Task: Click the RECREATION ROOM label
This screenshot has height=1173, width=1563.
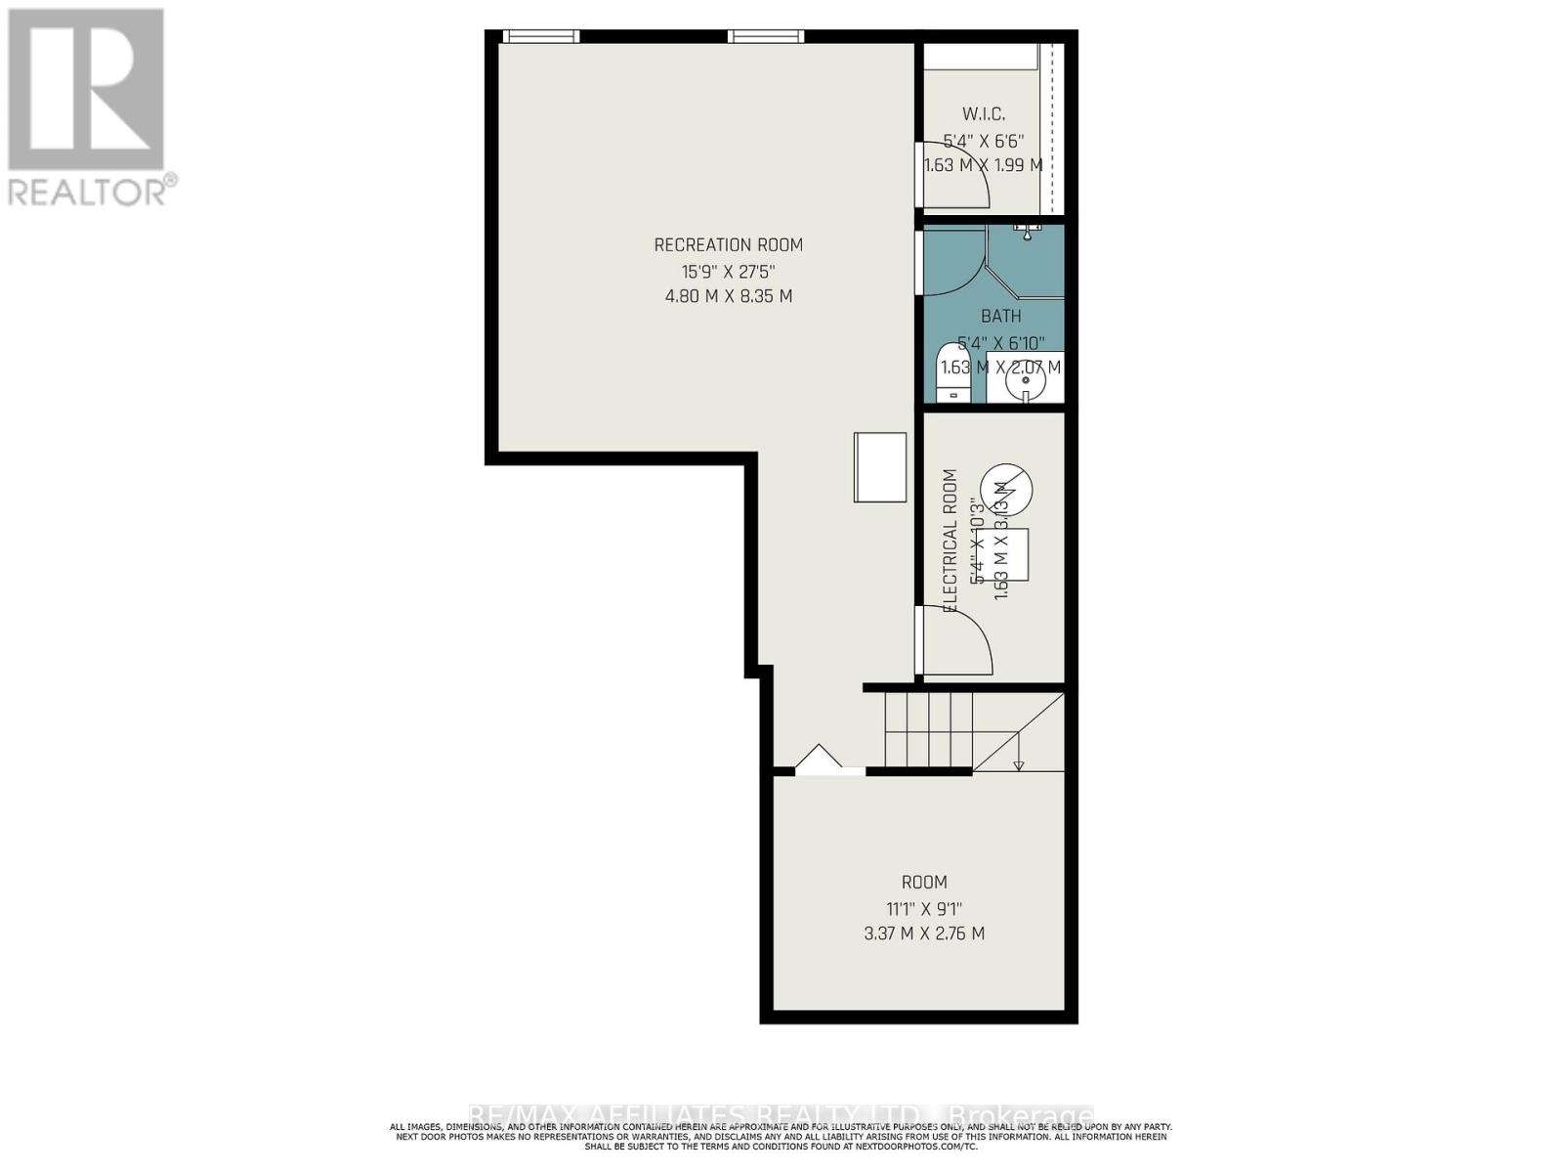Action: click(x=728, y=245)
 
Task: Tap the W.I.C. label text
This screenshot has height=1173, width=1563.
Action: click(x=983, y=115)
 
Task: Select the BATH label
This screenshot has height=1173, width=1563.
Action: click(x=1000, y=316)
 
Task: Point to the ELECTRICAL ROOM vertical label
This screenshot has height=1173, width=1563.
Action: click(x=950, y=541)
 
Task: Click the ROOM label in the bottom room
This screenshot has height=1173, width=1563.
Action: click(x=923, y=882)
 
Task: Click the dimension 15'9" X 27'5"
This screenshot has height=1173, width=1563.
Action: click(x=728, y=271)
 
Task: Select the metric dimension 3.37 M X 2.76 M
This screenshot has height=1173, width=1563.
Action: click(x=923, y=934)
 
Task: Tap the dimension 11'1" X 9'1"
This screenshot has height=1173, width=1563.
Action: click(x=923, y=908)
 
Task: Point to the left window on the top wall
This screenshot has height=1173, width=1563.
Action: click(x=540, y=37)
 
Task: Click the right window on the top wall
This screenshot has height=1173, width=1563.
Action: click(x=766, y=37)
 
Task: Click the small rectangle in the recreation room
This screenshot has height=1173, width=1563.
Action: click(x=879, y=467)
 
